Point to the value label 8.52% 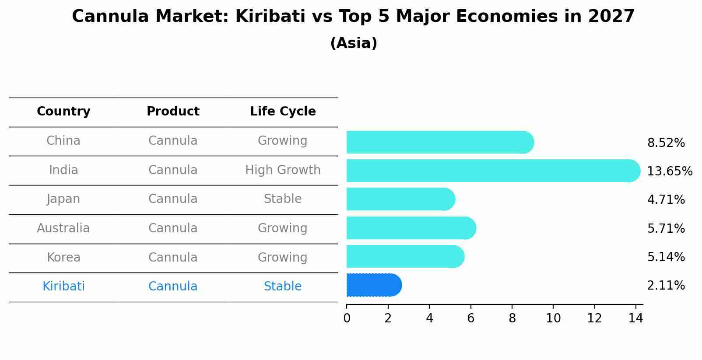(x=666, y=143)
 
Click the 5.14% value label (x=666, y=257)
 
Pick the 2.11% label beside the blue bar (x=666, y=286)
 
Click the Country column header (x=63, y=112)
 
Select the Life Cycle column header (x=283, y=112)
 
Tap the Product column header (x=173, y=112)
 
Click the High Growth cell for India (x=283, y=170)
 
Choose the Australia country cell (x=63, y=228)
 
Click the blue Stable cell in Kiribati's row (x=283, y=287)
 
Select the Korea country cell (x=63, y=258)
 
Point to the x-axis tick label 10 (x=553, y=318)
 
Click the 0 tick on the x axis (x=347, y=318)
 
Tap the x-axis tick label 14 (x=635, y=318)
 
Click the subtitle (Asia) (x=354, y=43)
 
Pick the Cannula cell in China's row (x=173, y=141)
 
